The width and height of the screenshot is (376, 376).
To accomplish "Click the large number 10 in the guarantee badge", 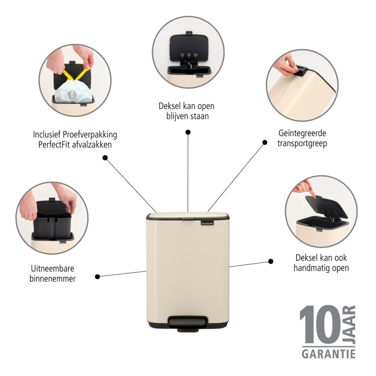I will (319, 326).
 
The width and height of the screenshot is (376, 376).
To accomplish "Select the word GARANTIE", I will (328, 353).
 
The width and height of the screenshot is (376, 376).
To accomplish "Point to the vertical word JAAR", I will (349, 325).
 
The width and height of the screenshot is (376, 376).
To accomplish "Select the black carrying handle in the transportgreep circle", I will (301, 70).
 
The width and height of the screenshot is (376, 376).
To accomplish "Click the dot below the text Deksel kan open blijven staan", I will (187, 132).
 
